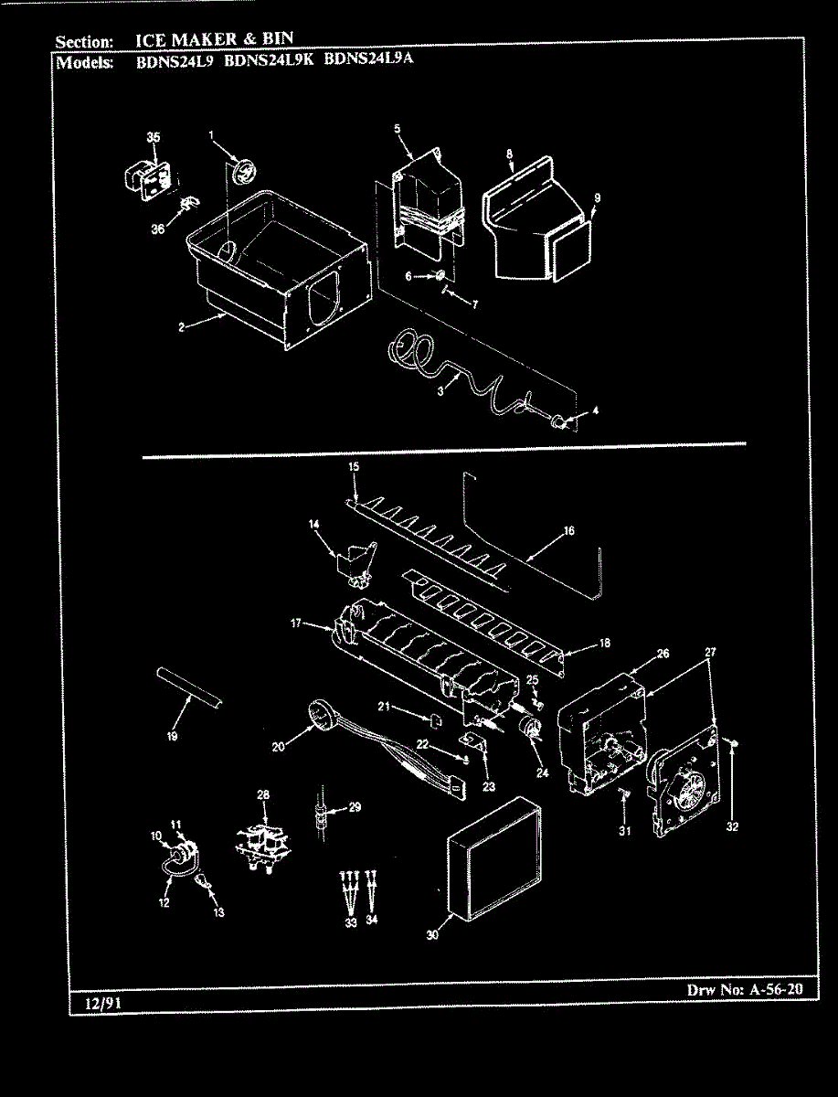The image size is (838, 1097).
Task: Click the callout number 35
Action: pos(154,137)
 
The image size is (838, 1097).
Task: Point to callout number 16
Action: pos(568,530)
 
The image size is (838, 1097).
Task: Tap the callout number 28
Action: pos(263,795)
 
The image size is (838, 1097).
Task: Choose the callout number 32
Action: pos(732,827)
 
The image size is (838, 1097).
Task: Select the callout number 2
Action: pos(182,327)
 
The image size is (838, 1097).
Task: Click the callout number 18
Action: pos(604,644)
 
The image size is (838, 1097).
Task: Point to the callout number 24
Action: pos(542,773)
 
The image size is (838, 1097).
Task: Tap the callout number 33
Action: pos(350,922)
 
